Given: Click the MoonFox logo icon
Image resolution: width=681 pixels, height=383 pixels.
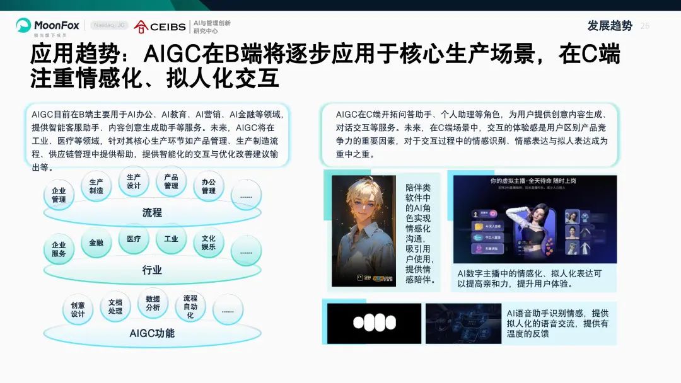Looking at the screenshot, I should pyautogui.click(x=23, y=25).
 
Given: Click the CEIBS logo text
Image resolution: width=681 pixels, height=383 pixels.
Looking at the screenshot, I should pyautogui.click(x=168, y=26).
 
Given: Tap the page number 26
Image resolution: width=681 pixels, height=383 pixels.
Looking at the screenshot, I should pyautogui.click(x=644, y=26).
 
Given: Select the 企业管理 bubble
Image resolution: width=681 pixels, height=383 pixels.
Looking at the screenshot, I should pyautogui.click(x=59, y=195).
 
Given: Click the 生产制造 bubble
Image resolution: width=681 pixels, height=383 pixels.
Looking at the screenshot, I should pyautogui.click(x=96, y=186).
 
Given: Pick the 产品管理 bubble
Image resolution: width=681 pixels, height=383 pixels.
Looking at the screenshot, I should pyautogui.click(x=171, y=181).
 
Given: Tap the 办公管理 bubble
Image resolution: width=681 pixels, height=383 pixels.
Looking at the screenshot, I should pyautogui.click(x=209, y=186).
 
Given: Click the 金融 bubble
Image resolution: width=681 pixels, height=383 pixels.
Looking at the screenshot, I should pyautogui.click(x=96, y=243).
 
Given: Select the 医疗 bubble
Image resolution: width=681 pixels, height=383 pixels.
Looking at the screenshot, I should pyautogui.click(x=134, y=239).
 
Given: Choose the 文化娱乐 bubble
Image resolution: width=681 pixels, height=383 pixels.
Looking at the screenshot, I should pyautogui.click(x=209, y=243).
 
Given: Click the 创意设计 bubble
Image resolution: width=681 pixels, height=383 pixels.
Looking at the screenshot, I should pyautogui.click(x=78, y=309).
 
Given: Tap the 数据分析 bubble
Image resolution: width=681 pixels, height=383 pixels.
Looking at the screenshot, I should pyautogui.click(x=153, y=303).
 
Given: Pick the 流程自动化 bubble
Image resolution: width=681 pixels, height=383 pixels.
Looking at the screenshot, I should pyautogui.click(x=190, y=307).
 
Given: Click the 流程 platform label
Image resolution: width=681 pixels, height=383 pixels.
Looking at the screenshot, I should pyautogui.click(x=152, y=213).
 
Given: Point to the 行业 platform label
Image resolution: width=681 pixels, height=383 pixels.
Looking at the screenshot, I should pyautogui.click(x=152, y=270).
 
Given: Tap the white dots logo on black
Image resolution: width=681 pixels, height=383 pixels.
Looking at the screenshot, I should pyautogui.click(x=374, y=323).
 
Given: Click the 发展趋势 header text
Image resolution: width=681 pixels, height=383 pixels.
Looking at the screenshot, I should pyautogui.click(x=609, y=26).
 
